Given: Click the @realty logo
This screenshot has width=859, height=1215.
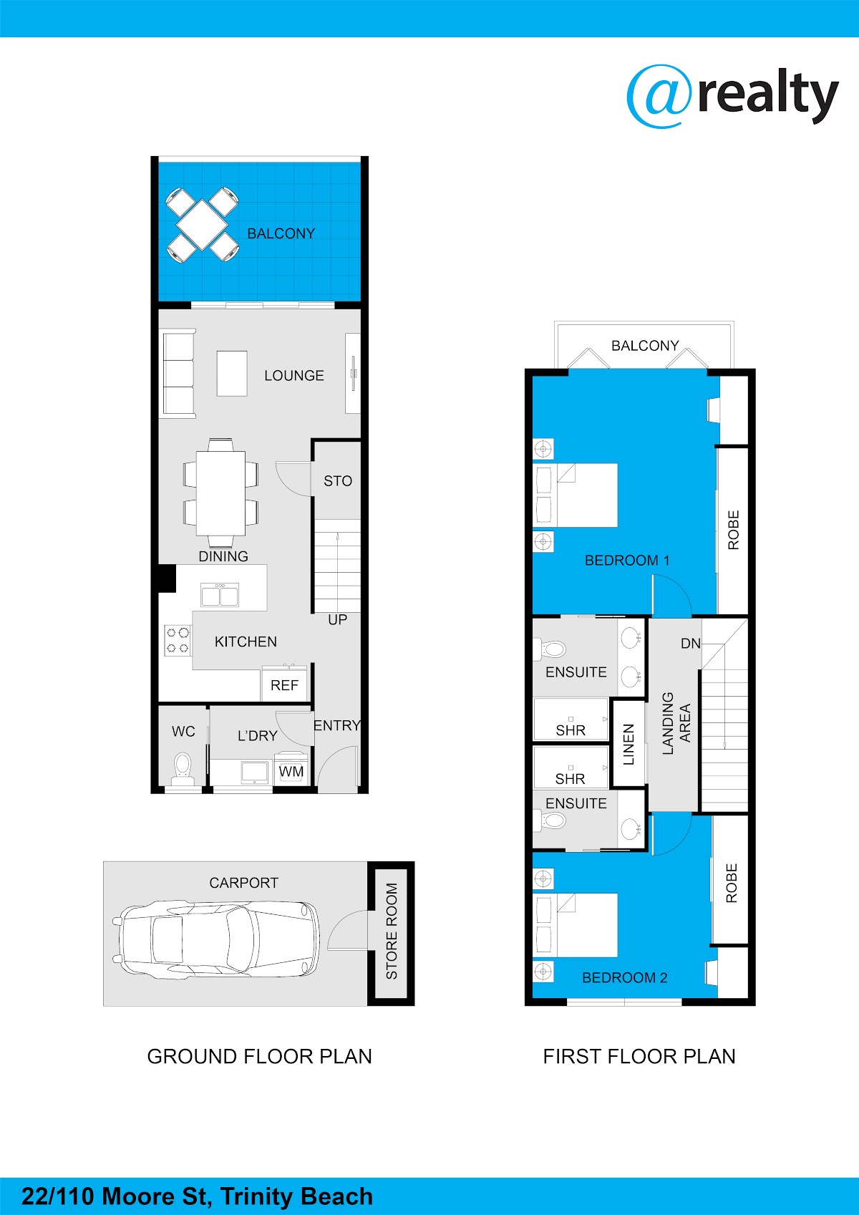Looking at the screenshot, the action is [732, 96].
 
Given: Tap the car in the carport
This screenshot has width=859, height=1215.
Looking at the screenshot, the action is [216, 939].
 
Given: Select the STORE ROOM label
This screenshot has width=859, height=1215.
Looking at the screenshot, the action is [392, 931].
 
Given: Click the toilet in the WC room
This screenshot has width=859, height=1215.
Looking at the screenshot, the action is [183, 768].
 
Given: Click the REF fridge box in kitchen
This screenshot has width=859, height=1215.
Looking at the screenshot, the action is [284, 684].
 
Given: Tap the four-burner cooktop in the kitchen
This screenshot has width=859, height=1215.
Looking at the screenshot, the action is [178, 640].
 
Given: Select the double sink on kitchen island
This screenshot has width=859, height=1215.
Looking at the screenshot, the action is [220, 595].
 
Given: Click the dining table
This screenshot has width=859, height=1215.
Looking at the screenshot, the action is [220, 493].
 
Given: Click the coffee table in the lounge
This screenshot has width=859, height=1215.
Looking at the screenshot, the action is [232, 374].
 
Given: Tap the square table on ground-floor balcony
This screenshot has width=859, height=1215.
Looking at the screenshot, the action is [202, 225].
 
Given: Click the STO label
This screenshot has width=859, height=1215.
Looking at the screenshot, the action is [338, 480].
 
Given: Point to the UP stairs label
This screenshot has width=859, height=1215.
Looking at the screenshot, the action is [337, 619].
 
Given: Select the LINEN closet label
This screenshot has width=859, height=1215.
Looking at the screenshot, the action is [629, 744].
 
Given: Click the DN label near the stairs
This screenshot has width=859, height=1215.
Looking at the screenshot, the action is [690, 644].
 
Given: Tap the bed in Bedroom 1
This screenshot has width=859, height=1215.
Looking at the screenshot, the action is [576, 495].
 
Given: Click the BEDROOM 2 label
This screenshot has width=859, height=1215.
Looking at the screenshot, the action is [625, 977].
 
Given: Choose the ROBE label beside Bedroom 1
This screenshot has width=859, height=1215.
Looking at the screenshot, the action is [733, 530].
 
